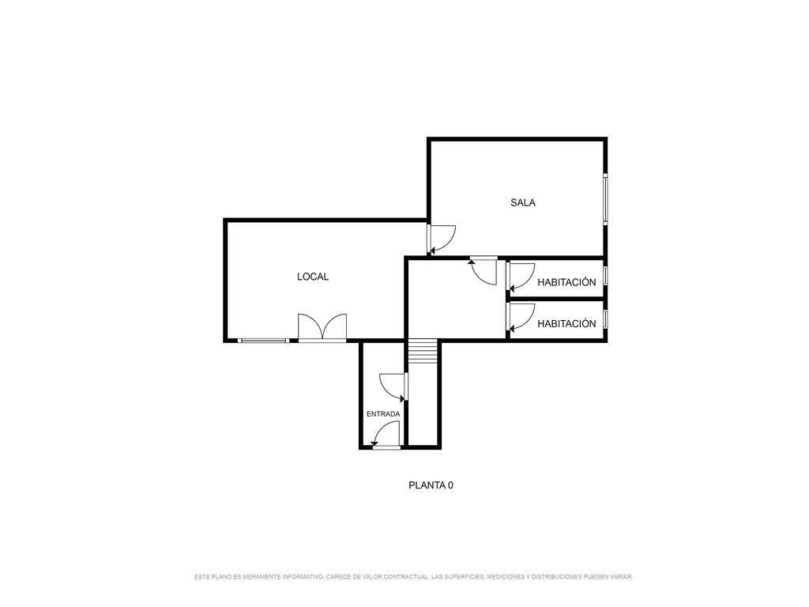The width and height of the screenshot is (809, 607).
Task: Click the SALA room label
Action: (523, 203)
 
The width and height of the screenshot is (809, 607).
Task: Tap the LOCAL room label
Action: (313, 277)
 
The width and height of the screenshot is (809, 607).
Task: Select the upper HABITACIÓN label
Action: (566, 282)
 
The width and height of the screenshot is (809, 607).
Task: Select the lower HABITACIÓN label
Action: (566, 323)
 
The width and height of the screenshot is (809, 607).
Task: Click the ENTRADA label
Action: (383, 414)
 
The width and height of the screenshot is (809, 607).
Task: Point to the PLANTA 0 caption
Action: (431, 485)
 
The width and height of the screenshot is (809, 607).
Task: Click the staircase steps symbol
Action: (423, 351)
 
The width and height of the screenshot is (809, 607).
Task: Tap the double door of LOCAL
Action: (322, 327)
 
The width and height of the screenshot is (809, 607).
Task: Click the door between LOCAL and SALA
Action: (441, 239)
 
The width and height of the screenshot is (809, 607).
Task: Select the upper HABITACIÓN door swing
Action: (521, 277)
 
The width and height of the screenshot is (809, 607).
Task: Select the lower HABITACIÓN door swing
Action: (521, 318)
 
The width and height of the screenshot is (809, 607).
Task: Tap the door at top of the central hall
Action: (484, 270)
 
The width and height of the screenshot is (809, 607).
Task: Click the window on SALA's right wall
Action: (605, 198)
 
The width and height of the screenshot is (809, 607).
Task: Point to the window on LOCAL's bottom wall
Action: (264, 340)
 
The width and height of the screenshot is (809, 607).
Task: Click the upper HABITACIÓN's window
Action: (605, 275)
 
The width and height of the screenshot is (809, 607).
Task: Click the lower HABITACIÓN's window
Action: (605, 319)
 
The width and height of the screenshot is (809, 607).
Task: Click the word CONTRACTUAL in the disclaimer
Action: (406, 576)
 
